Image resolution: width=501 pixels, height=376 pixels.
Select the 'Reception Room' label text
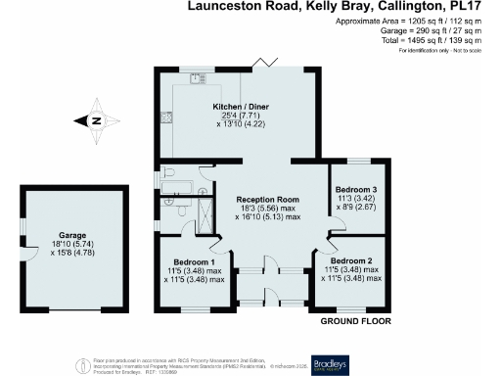266,199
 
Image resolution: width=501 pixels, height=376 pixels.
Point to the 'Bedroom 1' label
194,261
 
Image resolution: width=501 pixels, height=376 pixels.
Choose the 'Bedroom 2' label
350,261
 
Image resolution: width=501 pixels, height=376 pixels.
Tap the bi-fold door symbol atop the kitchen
260,64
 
